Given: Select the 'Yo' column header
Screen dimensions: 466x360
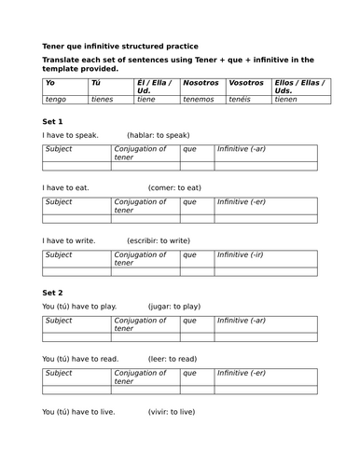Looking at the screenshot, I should (50, 82).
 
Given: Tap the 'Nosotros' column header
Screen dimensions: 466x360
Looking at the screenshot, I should (201, 82).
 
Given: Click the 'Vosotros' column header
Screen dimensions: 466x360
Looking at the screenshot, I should (246, 82).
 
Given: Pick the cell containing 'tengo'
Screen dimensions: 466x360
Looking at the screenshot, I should (56, 99).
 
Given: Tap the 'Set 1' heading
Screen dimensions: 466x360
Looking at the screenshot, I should (53, 122).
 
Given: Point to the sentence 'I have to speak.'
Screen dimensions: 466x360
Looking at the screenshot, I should (71, 135).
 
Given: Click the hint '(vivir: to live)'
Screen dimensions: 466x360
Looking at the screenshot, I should (173, 411).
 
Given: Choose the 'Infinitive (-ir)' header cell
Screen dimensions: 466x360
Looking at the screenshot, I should (242, 254).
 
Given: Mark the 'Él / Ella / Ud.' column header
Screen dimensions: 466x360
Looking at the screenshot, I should (155, 87).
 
